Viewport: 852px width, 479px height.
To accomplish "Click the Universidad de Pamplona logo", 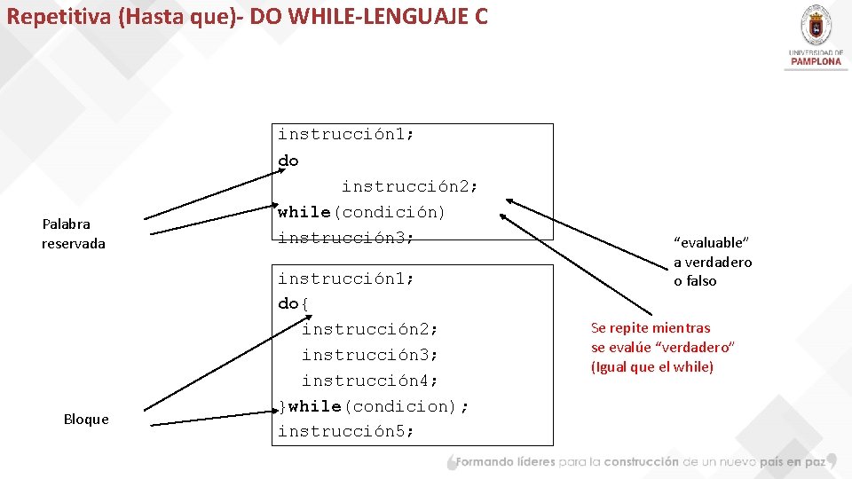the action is pos(815,35).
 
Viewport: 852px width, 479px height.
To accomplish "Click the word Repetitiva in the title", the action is pos(59,16).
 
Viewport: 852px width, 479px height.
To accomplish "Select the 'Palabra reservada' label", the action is pos(73,233).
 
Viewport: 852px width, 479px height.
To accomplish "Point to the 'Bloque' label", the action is pos(86,419).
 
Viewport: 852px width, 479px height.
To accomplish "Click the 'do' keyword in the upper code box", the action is pos(288,161).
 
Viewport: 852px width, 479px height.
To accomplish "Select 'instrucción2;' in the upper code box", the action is pos(410,186).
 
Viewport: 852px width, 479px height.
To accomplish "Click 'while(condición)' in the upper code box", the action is pos(361,212).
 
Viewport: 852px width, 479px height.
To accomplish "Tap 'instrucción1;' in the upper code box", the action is pos(346,135).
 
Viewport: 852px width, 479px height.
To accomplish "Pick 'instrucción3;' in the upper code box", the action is pos(346,238).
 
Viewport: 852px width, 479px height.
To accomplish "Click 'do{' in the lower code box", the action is pos(294,303).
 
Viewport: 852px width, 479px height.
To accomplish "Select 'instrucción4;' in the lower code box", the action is pos(370,381).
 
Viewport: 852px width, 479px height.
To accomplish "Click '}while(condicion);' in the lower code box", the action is pos(374,406).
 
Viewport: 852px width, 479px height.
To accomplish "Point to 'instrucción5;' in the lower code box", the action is pos(346,432).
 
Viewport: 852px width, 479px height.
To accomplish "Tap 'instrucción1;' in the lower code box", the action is pos(346,279).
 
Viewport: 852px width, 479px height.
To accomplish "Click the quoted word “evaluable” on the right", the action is pos(712,242).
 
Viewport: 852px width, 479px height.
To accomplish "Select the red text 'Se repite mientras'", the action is pos(651,328).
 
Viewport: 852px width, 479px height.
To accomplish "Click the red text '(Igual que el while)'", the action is pos(652,367).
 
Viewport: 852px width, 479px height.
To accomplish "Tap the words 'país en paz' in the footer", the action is pos(793,461).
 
